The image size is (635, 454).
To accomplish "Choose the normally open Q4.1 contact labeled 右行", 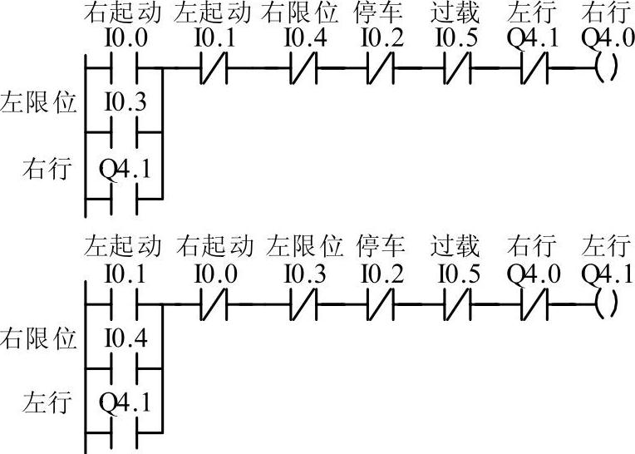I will click(125, 199).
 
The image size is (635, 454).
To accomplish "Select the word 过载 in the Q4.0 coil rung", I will click(455, 14).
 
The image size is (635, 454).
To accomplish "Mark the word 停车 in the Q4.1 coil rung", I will click(381, 247).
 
